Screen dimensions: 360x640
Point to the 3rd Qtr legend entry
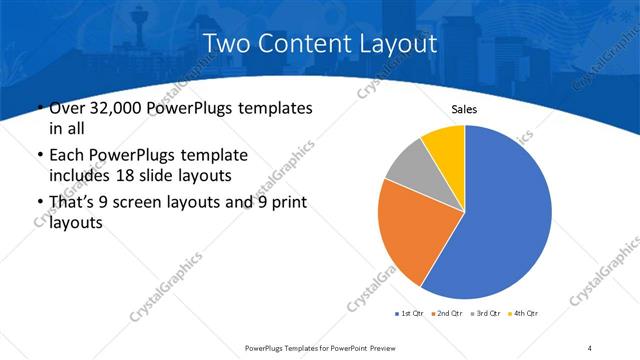pos(485,314)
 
